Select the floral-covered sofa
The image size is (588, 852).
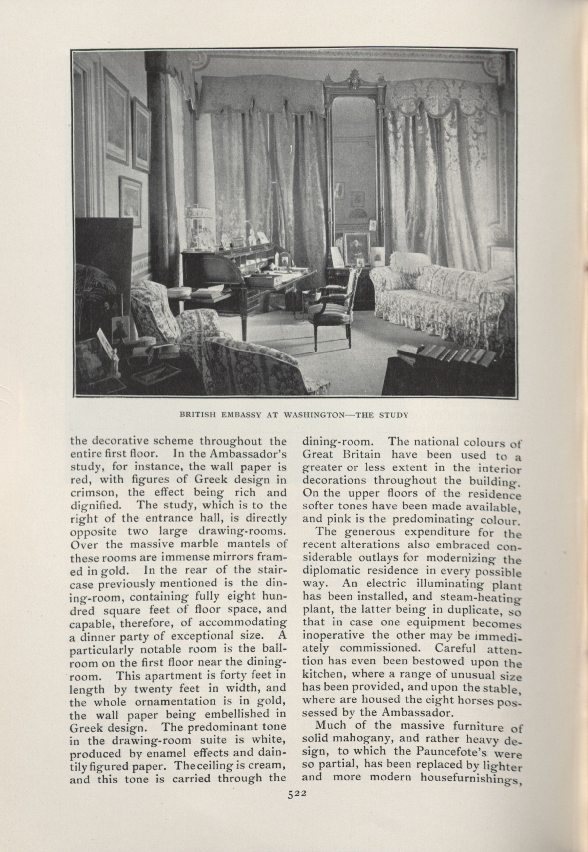(439, 291)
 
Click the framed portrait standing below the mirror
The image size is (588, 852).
(357, 249)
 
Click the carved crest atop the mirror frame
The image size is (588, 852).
(354, 80)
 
